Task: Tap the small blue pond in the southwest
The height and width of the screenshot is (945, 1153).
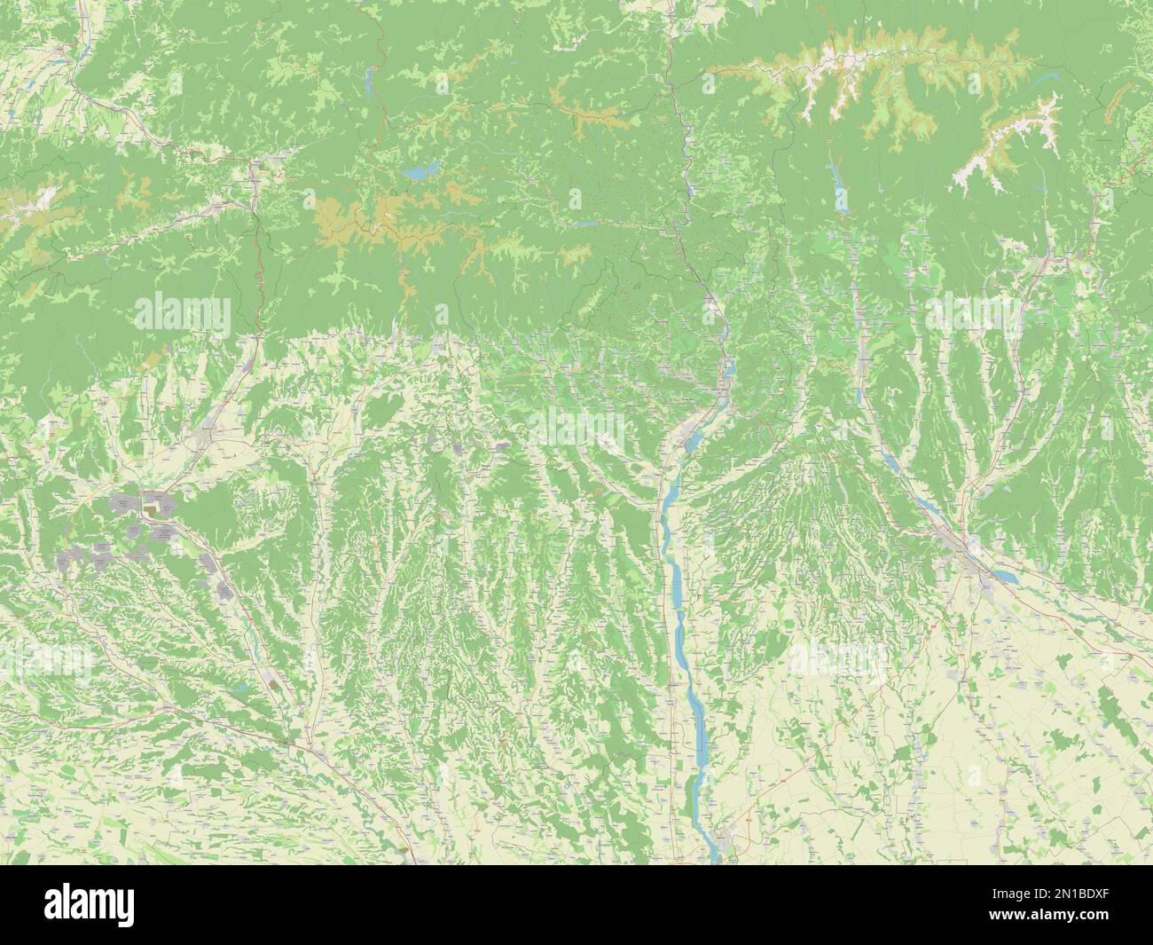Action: tap(238, 687)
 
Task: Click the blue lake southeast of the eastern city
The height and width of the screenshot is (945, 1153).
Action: tap(1004, 576)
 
